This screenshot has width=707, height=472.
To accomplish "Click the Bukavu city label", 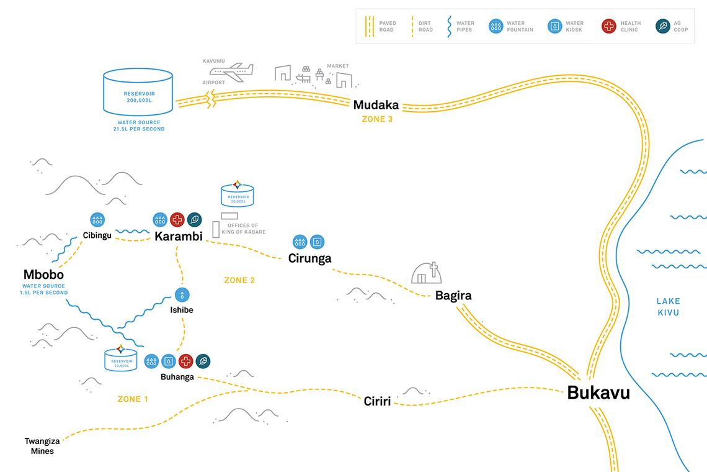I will tap(598, 393).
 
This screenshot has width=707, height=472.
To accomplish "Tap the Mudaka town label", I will tap(376, 105).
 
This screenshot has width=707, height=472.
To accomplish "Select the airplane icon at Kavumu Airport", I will tap(231, 73).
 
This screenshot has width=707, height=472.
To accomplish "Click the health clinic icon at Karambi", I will tap(177, 219).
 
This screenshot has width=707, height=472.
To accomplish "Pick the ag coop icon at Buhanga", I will tap(203, 361).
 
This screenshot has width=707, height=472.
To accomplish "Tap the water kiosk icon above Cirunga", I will tap(317, 242).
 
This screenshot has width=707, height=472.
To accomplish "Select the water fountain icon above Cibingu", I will tap(97, 219).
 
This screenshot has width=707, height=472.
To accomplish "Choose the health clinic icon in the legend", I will tap(608, 26).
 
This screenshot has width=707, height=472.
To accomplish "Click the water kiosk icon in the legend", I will tap(554, 26).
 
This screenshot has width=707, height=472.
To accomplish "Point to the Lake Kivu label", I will tap(668, 307).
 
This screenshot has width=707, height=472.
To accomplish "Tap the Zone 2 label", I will tap(239, 281).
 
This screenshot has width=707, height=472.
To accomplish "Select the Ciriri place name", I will tap(377, 401).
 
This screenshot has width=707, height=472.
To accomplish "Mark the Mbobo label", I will tap(43, 275).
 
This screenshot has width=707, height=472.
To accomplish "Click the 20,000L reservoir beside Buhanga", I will tap(120, 359).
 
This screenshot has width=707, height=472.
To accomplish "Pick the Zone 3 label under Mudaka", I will tap(377, 119).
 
